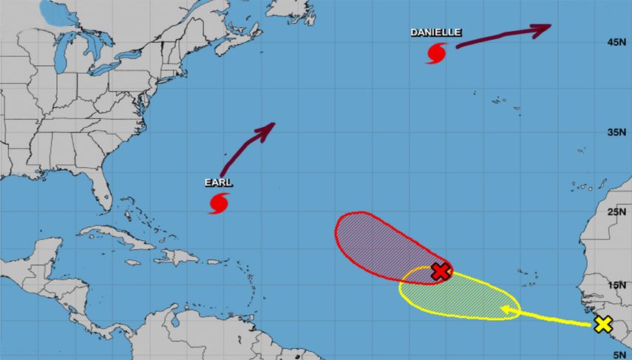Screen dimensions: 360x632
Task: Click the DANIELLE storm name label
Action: (x=436, y=33)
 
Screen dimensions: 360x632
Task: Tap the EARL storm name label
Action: (x=219, y=182)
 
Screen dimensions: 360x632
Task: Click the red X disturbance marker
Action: (x=441, y=271)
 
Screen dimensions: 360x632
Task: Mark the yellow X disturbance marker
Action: (x=603, y=324)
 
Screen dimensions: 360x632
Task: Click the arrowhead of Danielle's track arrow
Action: (x=543, y=28)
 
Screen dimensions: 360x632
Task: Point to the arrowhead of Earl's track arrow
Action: (x=268, y=128)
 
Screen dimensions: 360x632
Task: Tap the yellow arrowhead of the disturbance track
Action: (x=506, y=310)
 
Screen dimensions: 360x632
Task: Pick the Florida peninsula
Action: (x=108, y=192)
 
